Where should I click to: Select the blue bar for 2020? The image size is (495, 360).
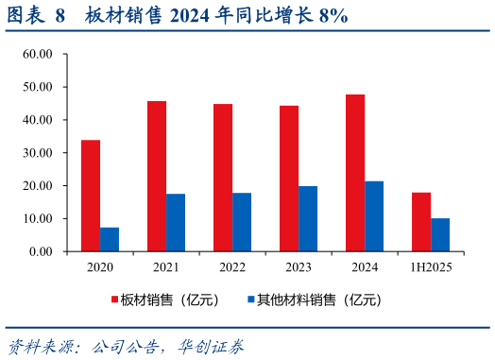click(x=110, y=239)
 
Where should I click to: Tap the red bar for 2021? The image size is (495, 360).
click(x=157, y=176)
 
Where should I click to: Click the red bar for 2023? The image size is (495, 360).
click(x=289, y=179)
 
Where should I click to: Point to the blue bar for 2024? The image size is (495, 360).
click(x=374, y=216)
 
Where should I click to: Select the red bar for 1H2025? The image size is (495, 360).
click(x=421, y=222)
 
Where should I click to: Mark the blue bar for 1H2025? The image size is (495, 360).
click(x=440, y=234)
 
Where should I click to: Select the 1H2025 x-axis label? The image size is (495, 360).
click(x=430, y=267)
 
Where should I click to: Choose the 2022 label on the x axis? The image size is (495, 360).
click(x=231, y=267)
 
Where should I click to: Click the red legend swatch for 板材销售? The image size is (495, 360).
click(x=114, y=300)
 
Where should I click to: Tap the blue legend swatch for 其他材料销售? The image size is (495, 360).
click(x=250, y=300)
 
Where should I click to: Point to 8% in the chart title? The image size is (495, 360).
click(x=333, y=15)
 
